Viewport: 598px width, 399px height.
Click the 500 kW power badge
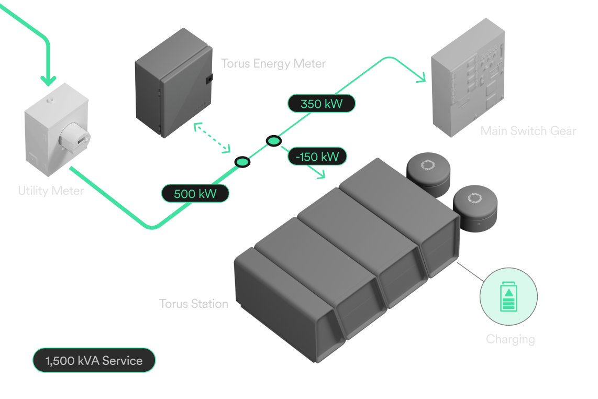click(x=195, y=193)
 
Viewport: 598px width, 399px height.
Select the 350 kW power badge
click(x=322, y=103)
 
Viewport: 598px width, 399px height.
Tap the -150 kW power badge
click(x=317, y=157)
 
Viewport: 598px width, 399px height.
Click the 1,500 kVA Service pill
click(x=94, y=360)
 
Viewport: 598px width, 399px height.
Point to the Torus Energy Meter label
click(x=273, y=63)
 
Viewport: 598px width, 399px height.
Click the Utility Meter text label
click(x=51, y=191)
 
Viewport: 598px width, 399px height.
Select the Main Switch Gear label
click(x=528, y=131)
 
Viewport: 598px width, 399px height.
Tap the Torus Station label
click(x=194, y=304)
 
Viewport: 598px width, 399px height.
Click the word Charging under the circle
click(x=510, y=339)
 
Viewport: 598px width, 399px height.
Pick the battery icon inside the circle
click(x=509, y=296)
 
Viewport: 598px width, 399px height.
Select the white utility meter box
click(x=57, y=130)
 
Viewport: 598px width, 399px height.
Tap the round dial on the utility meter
click(x=75, y=137)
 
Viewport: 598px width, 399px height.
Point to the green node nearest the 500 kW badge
click(x=242, y=162)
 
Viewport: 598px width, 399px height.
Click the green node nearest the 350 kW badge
click(x=274, y=141)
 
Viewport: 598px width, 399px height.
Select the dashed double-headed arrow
click(x=212, y=138)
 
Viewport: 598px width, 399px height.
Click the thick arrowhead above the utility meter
click(x=48, y=81)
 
